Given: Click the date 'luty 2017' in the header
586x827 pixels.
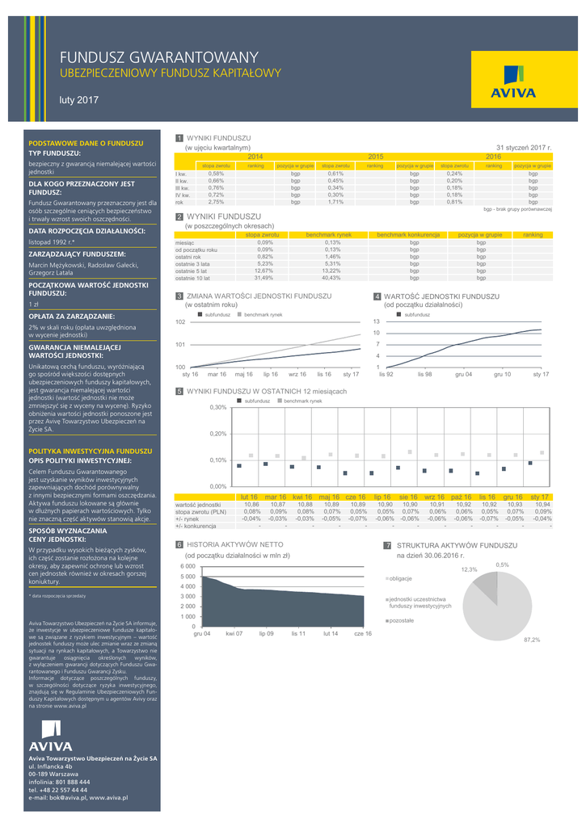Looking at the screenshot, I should pos(78,100).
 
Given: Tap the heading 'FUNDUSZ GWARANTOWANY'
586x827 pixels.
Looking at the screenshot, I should pos(159,57).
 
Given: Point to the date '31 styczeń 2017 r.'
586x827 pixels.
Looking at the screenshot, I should pos(523,148).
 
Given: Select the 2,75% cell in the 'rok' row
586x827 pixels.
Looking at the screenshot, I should pos(216,202).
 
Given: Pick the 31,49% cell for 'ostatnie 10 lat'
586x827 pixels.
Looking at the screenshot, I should pos(263,278).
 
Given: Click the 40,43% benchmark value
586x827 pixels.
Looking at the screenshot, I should pos(331,278).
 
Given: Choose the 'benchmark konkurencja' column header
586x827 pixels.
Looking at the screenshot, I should pos(407,234).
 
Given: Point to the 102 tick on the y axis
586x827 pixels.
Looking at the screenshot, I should pos(180,322).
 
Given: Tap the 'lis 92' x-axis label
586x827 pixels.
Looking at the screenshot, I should pos(386,375).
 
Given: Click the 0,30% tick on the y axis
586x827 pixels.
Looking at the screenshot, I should pos(217,408).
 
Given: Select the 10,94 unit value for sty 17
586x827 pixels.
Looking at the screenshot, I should pos(542,504).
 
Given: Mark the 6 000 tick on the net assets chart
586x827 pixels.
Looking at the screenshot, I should pos(187,567).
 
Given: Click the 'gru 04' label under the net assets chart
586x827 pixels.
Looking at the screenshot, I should pos(201,634).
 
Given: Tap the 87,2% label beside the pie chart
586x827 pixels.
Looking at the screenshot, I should pos(531,640).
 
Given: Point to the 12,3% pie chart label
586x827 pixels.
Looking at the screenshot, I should pos(469,569).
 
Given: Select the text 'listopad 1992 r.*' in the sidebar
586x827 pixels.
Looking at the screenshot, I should pos(52,241).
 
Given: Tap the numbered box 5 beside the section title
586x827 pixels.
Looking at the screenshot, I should pos(179,391).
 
